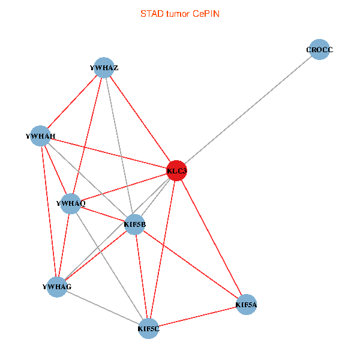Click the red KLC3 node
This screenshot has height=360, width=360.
176,170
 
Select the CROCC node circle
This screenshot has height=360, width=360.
319,50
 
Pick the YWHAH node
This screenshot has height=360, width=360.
40,136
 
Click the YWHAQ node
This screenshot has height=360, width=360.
71,203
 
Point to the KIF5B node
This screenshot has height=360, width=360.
134,225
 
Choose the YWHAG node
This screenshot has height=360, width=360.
57,287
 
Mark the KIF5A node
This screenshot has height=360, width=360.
247,305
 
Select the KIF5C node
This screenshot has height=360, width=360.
148,328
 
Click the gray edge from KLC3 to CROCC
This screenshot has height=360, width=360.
248,110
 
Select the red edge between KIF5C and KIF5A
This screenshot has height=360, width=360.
197,317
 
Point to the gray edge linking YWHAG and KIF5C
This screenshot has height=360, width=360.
103,307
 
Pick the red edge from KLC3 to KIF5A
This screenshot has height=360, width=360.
211,238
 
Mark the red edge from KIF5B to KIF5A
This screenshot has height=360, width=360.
190,265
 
